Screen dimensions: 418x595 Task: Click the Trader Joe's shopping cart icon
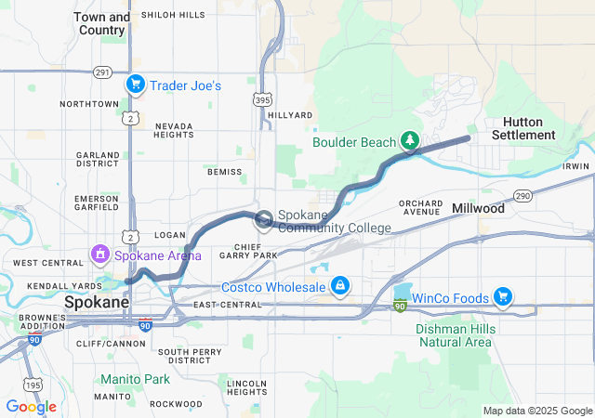click(136, 85)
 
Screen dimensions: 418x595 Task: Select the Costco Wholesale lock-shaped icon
click(340, 284)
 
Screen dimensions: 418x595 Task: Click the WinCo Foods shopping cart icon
click(502, 296)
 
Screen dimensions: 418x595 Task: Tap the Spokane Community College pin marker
click(264, 219)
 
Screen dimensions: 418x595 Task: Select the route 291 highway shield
click(102, 72)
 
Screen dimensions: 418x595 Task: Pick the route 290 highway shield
click(522, 195)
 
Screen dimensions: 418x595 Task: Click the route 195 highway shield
click(33, 385)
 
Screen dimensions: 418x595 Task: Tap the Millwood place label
click(478, 209)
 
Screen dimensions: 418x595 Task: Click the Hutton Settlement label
click(529, 128)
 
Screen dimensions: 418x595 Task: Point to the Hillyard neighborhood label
click(291, 115)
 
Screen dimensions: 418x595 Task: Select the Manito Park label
click(136, 379)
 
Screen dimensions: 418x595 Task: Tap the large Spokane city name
click(97, 304)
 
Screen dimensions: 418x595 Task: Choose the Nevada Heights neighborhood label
click(174, 129)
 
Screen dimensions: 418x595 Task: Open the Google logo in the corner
click(31, 406)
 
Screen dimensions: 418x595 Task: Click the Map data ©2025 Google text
click(537, 411)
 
